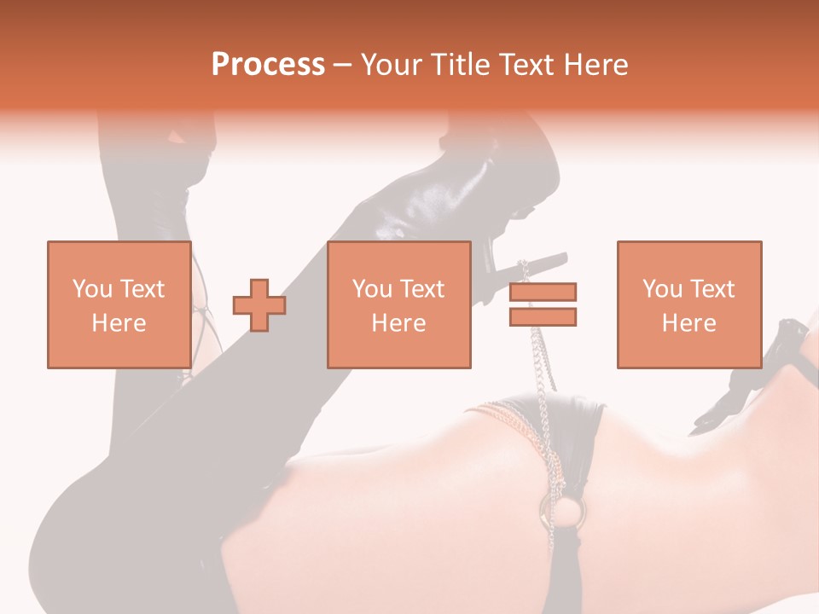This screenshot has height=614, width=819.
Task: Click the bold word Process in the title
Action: click(268, 65)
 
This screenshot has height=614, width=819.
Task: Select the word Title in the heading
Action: click(463, 65)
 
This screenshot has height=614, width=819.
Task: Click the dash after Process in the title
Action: click(343, 66)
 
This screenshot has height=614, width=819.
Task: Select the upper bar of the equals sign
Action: click(543, 292)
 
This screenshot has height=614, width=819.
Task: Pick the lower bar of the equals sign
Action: click(543, 316)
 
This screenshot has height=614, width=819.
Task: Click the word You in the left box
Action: click(92, 288)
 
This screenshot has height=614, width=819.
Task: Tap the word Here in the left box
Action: click(119, 323)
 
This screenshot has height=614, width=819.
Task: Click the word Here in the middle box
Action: click(398, 323)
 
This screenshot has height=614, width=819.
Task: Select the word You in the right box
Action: click(662, 288)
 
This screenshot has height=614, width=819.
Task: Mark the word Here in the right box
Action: click(688, 323)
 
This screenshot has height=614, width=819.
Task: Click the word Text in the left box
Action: click(142, 288)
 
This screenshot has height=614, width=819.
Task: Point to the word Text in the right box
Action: click(712, 288)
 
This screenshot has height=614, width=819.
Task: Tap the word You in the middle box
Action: click(372, 288)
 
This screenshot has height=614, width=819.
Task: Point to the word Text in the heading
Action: click(525, 65)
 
